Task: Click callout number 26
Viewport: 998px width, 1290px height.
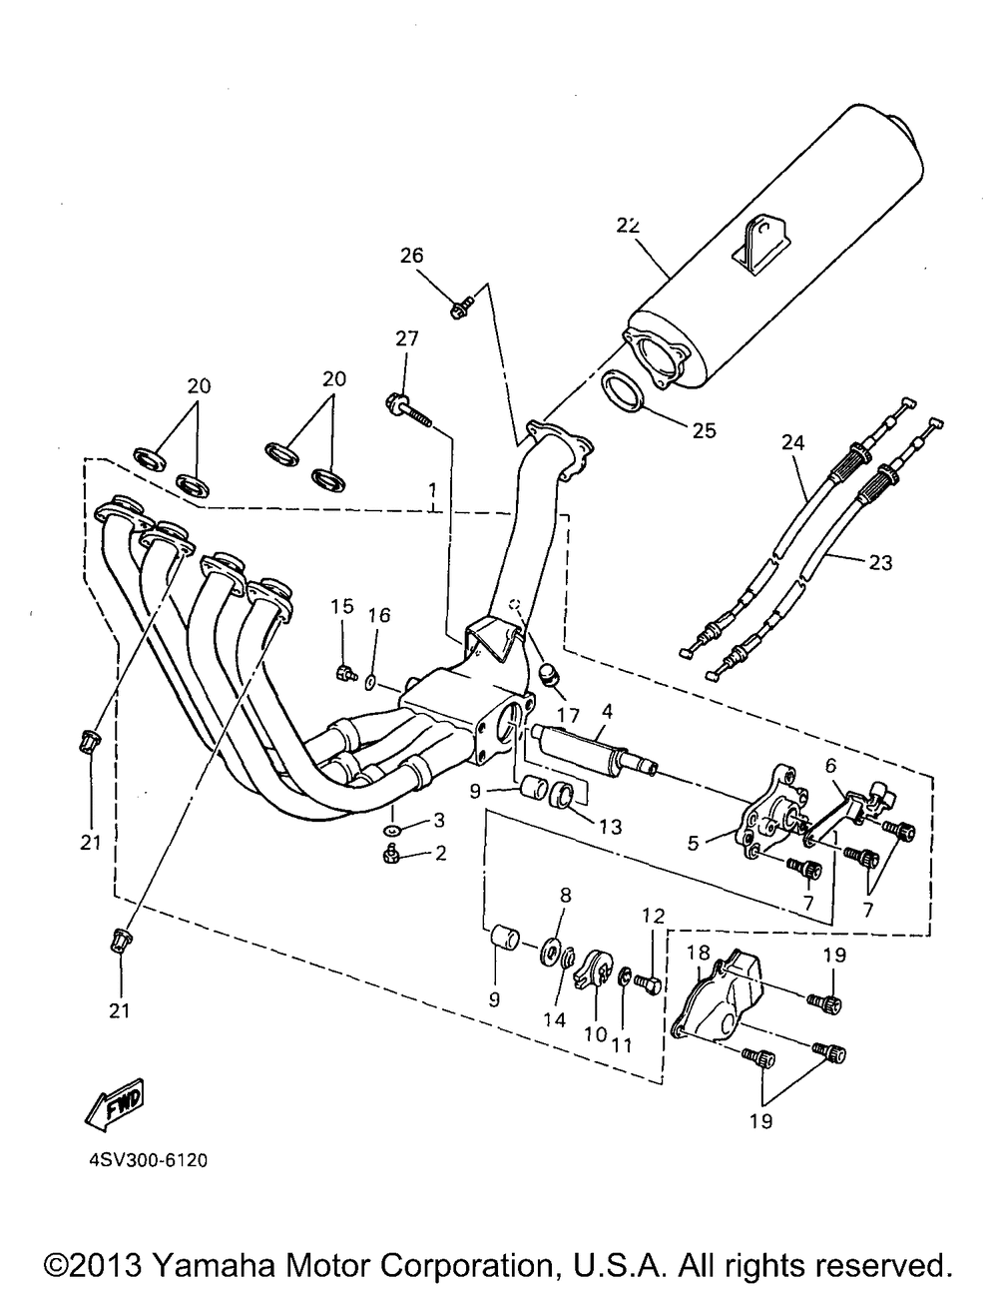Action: [x=412, y=256]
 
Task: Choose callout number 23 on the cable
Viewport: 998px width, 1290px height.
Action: [x=879, y=563]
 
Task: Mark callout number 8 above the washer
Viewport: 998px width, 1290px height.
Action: [x=566, y=897]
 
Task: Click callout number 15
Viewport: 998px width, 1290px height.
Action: [x=342, y=606]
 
